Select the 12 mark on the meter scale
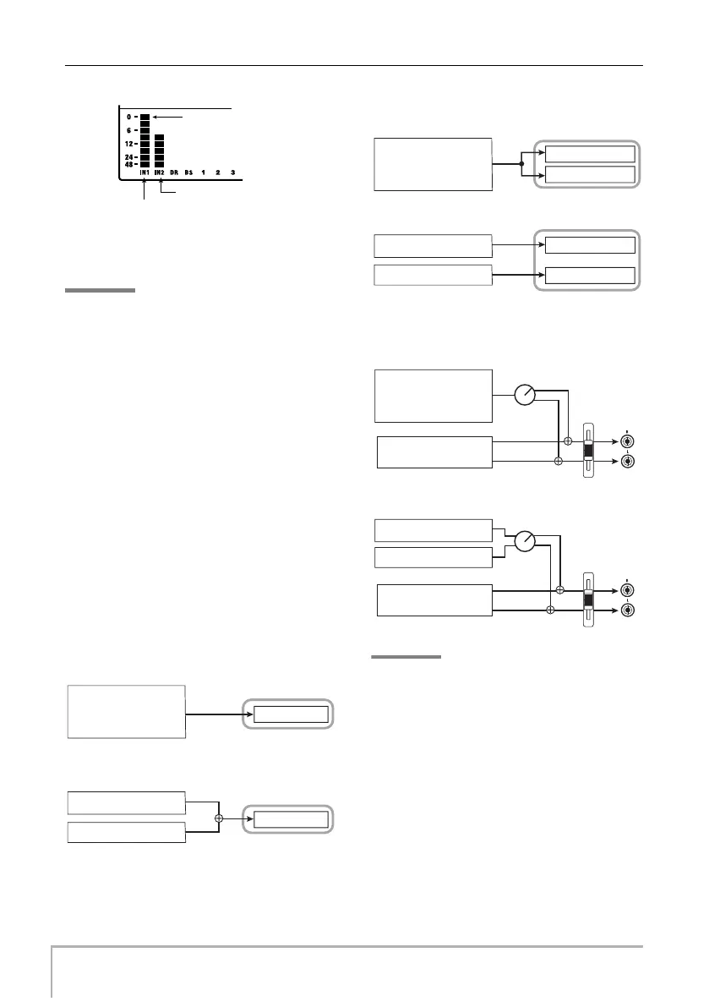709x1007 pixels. (128, 144)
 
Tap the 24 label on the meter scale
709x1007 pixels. (128, 157)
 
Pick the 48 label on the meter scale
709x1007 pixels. (128, 164)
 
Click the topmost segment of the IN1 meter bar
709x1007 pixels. (145, 117)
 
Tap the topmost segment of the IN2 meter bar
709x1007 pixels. (159, 137)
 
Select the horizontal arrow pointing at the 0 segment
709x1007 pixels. (177, 117)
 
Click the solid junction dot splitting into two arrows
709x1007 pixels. (521, 164)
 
